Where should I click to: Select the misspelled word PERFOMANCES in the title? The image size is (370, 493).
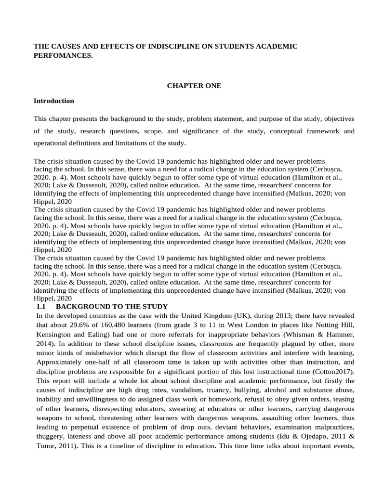(x=62, y=55)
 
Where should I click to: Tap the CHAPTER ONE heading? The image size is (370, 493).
(x=194, y=86)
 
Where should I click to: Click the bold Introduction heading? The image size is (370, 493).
(x=53, y=101)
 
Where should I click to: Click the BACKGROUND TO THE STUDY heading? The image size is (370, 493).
(x=112, y=306)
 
